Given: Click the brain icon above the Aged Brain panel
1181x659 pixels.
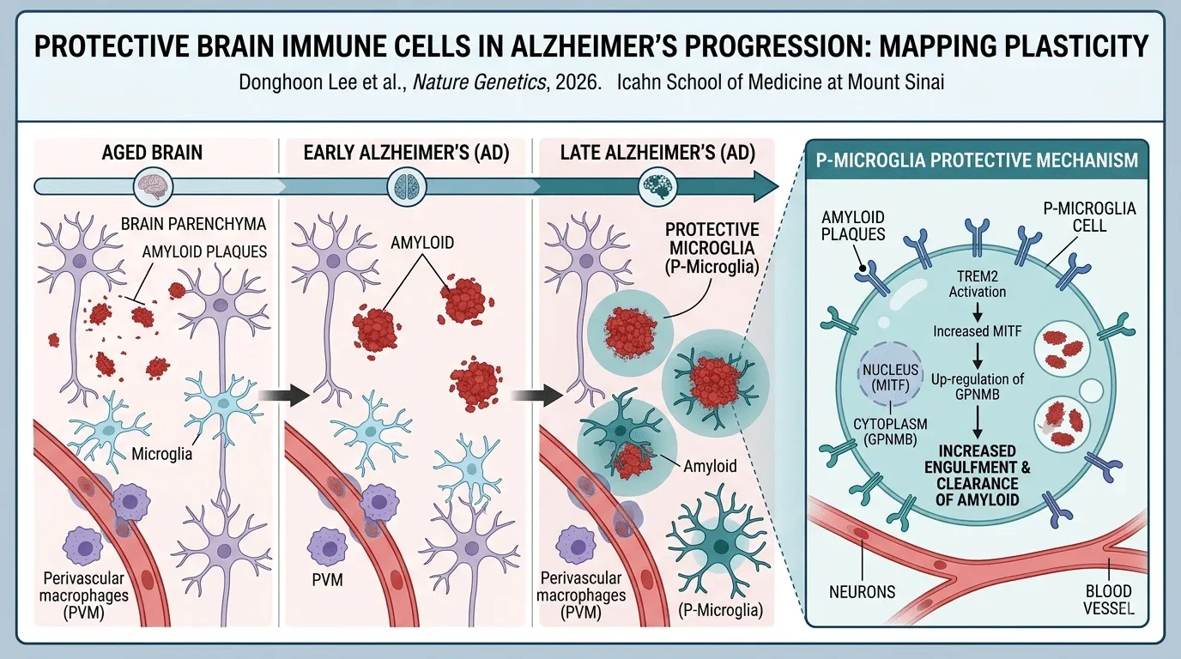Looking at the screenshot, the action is coord(153,186).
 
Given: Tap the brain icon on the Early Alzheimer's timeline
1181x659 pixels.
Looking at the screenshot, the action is coord(407,186).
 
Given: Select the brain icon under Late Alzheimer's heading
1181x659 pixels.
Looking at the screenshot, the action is coord(657,186).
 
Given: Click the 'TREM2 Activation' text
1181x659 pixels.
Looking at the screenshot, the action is coord(977,284).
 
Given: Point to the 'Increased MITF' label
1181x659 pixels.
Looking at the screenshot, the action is coord(977,331).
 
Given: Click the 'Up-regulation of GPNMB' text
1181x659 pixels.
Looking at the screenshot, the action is coord(977,386).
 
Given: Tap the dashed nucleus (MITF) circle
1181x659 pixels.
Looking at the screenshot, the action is coord(890,377).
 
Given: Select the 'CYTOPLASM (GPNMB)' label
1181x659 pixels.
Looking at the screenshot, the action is coord(890,432).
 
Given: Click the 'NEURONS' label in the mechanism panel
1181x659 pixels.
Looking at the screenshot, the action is coord(862,592).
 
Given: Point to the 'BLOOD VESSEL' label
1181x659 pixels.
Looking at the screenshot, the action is coord(1108,600).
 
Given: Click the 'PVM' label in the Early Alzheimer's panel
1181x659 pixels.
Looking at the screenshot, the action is coord(327,580).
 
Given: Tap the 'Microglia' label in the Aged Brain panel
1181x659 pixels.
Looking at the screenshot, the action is coord(162,453).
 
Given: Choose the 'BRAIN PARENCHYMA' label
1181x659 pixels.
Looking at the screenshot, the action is coord(193,224).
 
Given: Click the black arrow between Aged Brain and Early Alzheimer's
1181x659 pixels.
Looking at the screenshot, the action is coord(284,395).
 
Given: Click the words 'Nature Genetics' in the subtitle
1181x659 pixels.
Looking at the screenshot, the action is coord(479,82).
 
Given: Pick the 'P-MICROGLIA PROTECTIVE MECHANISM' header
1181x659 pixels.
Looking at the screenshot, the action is coord(977,160).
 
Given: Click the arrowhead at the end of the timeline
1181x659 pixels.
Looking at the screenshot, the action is coord(766,186).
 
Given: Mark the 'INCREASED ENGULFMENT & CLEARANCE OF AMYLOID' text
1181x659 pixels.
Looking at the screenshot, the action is coord(977,475).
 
